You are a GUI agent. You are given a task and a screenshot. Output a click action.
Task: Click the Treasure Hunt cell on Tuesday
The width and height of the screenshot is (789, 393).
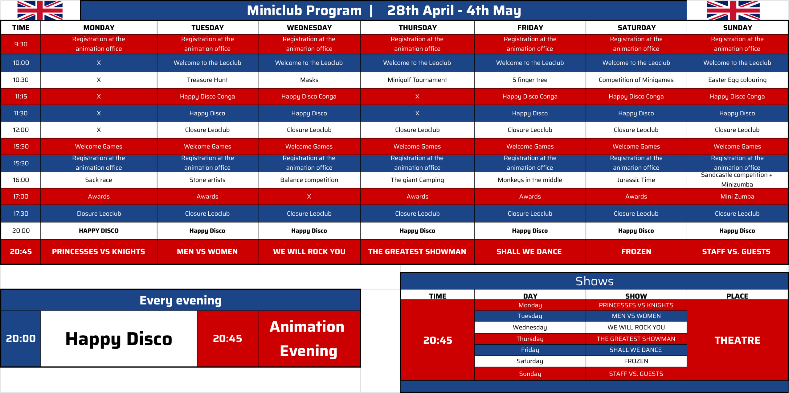(x=207, y=80)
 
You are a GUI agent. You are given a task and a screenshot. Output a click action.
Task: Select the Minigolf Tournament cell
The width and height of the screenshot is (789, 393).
(x=417, y=80)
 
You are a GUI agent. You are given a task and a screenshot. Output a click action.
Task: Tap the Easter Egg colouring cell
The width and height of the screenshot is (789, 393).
(x=737, y=80)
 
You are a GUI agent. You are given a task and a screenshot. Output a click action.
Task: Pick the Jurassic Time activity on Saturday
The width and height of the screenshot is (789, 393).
(x=636, y=180)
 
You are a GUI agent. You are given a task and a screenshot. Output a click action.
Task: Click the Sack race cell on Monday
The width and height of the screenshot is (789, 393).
(x=98, y=180)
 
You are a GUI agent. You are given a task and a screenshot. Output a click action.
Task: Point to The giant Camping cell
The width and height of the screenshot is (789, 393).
(x=417, y=180)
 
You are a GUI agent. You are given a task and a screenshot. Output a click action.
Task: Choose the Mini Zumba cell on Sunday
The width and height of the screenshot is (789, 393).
(x=737, y=196)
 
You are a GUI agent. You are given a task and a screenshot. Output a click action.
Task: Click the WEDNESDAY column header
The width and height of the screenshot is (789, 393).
(x=309, y=28)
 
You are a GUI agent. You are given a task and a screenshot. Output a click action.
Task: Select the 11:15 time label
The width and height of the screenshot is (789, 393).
(x=21, y=97)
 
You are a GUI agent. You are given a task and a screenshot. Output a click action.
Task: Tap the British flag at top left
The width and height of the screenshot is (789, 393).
(x=40, y=10)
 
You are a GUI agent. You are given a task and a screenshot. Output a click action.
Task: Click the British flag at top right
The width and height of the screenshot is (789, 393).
(x=733, y=10)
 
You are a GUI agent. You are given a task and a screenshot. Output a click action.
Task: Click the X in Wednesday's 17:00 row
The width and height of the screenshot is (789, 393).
(x=309, y=196)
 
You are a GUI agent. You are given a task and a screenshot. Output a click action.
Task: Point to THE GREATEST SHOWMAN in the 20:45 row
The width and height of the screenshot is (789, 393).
(x=417, y=252)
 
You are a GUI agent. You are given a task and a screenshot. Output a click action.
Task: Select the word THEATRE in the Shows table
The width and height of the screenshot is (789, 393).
(x=737, y=340)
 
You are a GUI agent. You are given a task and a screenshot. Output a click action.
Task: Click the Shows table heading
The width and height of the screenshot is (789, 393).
(x=594, y=281)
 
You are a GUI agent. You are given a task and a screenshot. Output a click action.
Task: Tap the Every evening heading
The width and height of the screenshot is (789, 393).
(x=181, y=300)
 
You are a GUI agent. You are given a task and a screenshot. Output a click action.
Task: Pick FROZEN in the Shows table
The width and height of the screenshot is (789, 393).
(x=636, y=361)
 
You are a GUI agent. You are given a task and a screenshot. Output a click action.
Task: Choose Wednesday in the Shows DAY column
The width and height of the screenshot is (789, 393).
(x=529, y=327)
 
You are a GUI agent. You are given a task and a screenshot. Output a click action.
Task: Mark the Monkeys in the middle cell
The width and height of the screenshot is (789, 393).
(x=529, y=180)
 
